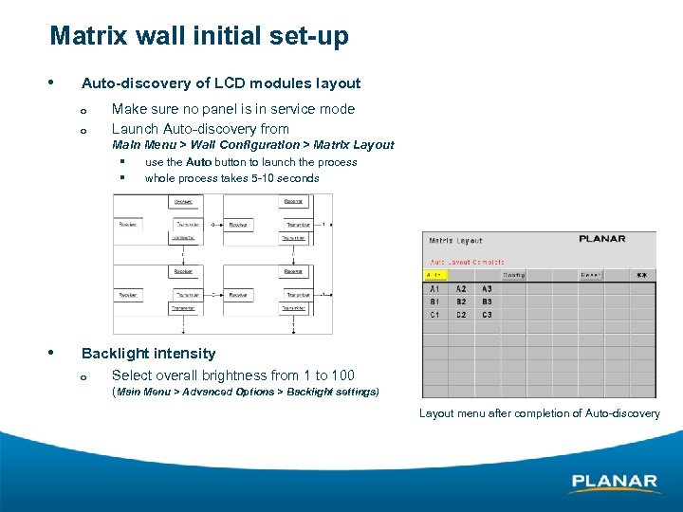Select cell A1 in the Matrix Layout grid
(434, 289)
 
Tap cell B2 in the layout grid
(461, 302)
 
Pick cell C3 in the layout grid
(487, 315)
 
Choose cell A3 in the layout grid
(487, 289)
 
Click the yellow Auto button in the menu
(436, 275)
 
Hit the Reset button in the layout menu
(591, 275)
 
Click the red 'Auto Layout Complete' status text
(467, 262)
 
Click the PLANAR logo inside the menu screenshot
(602, 239)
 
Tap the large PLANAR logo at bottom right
(614, 483)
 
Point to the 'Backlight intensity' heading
(148, 354)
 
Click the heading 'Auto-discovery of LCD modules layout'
(221, 83)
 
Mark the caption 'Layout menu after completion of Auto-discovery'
(539, 413)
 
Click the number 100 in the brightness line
(341, 375)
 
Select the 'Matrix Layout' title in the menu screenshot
(456, 241)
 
